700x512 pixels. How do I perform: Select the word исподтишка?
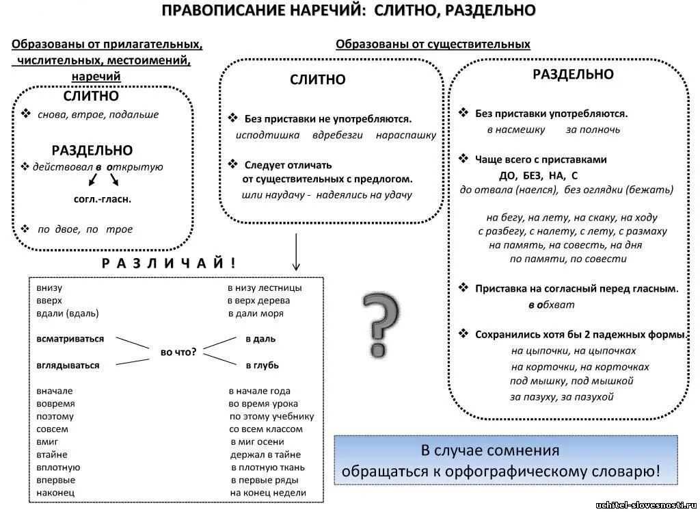267,135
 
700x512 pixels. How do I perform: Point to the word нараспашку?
406,135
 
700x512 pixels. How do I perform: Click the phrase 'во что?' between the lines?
178,352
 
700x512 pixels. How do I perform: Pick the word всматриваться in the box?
70,339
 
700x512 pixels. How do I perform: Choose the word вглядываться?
68,366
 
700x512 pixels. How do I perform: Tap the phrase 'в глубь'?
262,366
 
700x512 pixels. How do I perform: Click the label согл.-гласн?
103,199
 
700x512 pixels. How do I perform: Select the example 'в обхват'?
551,305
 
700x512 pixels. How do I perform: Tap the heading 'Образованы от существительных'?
433,44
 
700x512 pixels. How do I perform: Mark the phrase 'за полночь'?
593,129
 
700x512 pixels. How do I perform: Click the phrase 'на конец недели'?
268,493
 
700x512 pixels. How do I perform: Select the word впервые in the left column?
56,480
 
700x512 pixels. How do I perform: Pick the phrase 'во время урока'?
263,404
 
